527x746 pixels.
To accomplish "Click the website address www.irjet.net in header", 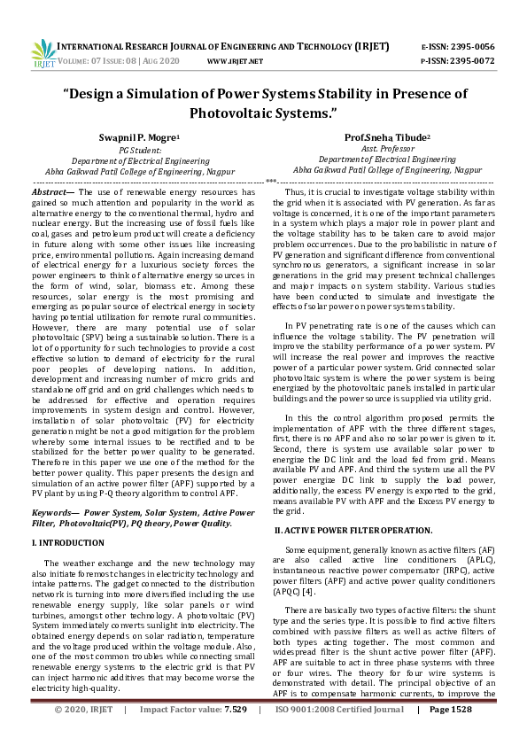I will [x=235, y=61].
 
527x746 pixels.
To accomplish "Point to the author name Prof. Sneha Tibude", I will [x=386, y=138].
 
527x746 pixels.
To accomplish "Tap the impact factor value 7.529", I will [x=239, y=734].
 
